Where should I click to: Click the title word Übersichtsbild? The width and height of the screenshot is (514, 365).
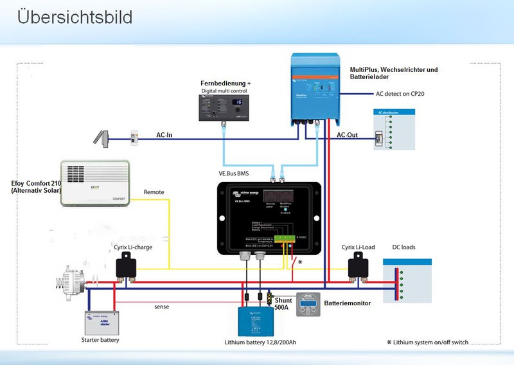pos(75,17)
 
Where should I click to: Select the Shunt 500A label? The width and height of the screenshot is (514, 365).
pos(283,304)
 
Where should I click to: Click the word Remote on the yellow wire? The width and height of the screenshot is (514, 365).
pos(154,192)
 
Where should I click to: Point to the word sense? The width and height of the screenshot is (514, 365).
pos(161,307)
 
